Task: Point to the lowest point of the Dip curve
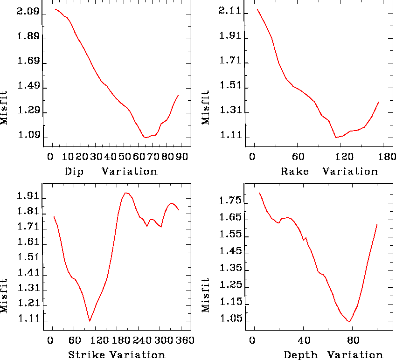[x=146, y=138]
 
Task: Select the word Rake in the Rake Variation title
[x=295, y=171]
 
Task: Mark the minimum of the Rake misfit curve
[x=335, y=138]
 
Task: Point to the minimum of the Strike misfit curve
[x=90, y=321]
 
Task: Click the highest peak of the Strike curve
[x=125, y=193]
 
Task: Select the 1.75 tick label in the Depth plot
[x=229, y=201]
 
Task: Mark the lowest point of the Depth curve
[x=349, y=321]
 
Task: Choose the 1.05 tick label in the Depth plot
[x=229, y=320]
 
